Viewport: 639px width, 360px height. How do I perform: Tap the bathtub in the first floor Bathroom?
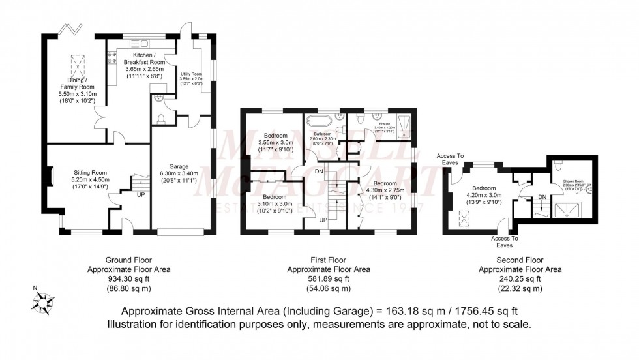[x=320, y=119]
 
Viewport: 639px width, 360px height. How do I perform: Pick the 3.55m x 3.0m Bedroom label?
[x=276, y=143]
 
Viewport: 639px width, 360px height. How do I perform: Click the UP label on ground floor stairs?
[x=140, y=194]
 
